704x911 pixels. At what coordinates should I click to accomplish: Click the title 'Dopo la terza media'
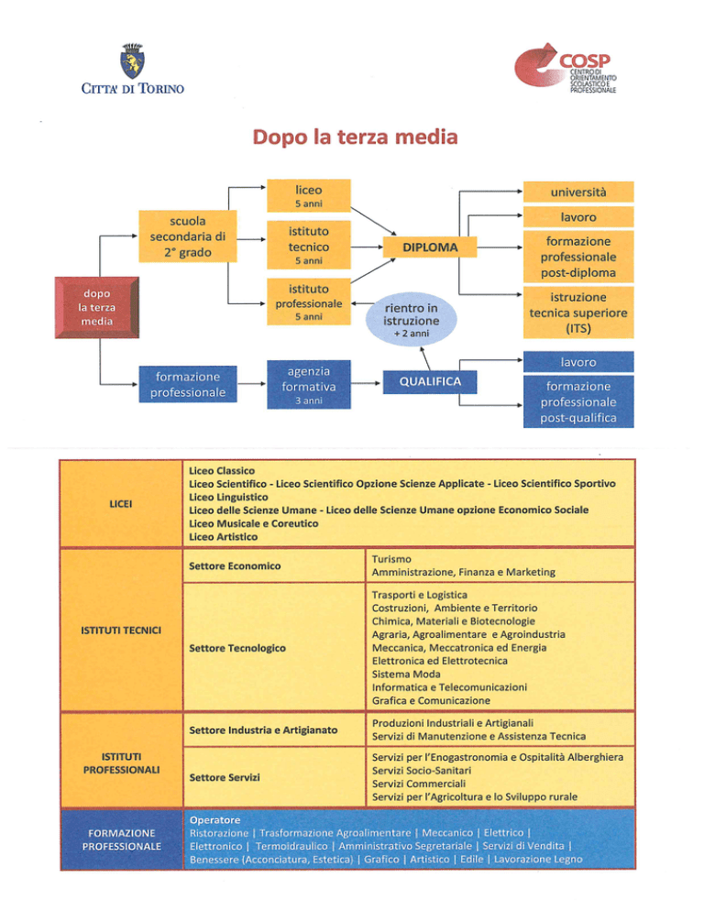(352, 138)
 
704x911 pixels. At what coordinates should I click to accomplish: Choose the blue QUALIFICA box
(430, 380)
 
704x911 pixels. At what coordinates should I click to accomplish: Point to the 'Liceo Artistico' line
(223, 536)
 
